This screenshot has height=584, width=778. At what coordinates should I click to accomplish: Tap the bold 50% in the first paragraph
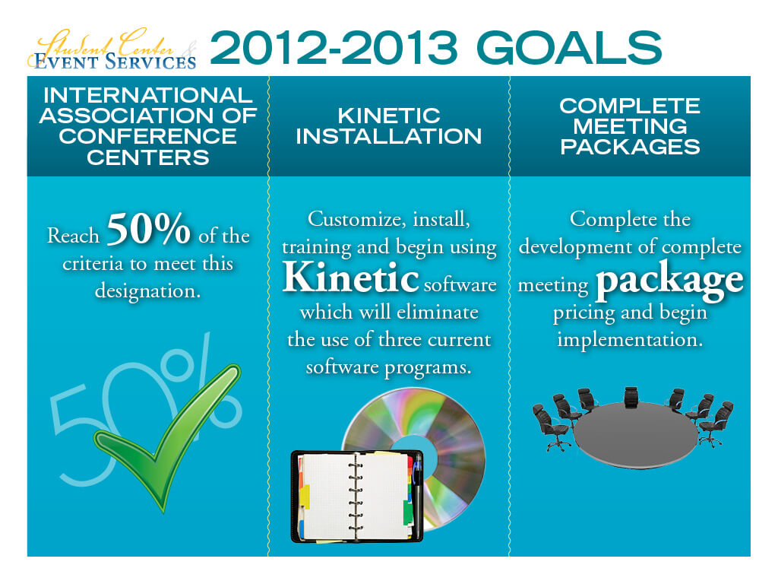(x=149, y=232)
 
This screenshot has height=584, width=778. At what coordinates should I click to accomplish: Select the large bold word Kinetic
(x=351, y=278)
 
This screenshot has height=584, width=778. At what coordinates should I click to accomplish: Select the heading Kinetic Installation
(x=388, y=126)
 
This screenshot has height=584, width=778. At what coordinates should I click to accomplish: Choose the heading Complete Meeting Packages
(x=630, y=126)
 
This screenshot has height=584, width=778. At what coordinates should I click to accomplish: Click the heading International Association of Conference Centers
(x=148, y=126)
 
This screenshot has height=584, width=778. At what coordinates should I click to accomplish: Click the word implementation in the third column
(x=630, y=339)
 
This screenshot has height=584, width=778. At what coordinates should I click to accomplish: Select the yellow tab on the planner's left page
(x=304, y=497)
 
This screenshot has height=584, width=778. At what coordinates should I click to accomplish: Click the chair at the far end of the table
(x=631, y=396)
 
